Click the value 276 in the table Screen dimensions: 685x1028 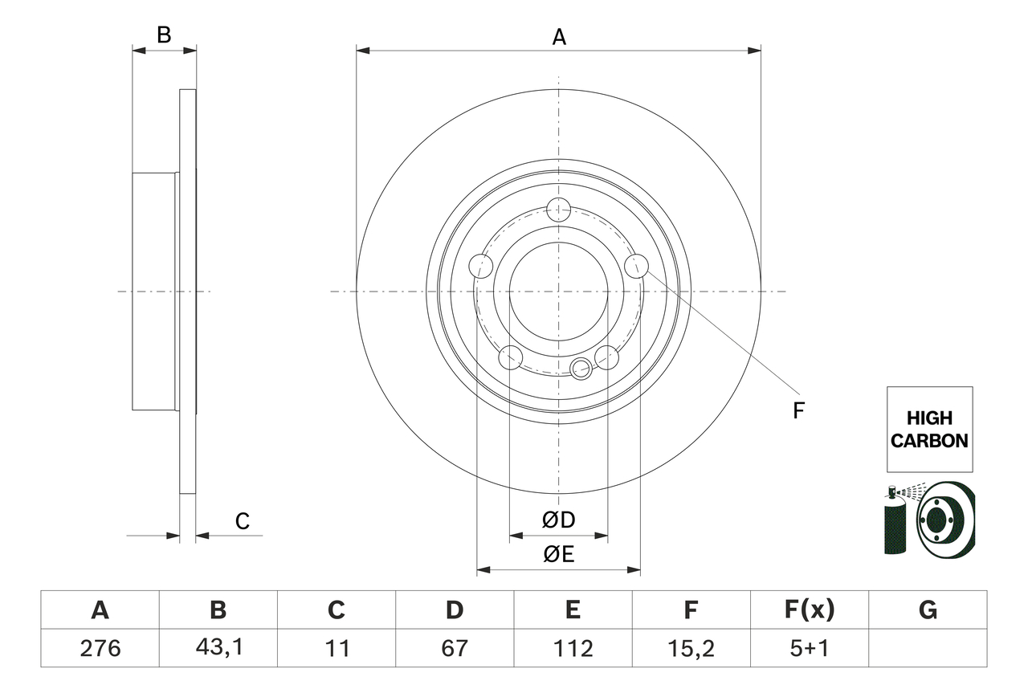(x=100, y=648)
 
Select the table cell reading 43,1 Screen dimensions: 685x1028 (x=218, y=648)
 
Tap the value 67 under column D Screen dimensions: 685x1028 (x=455, y=648)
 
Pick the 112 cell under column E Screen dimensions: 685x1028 (x=572, y=648)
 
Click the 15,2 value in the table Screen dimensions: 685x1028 (x=691, y=648)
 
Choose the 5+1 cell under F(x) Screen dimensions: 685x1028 (x=809, y=648)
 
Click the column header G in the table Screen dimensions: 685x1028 (x=928, y=611)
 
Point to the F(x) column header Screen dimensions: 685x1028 (x=809, y=611)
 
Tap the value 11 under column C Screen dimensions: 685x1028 (x=337, y=648)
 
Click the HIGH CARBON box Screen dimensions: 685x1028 (x=929, y=430)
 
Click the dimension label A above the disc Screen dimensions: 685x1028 (x=559, y=37)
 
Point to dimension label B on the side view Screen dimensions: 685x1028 (x=164, y=35)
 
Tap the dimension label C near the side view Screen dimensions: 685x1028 (x=243, y=522)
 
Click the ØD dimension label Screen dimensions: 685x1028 (x=559, y=520)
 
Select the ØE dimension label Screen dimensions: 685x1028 (x=559, y=555)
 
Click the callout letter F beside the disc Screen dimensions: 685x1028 (x=798, y=410)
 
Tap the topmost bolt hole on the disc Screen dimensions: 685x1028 (x=558, y=210)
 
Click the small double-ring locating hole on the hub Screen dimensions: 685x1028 (x=581, y=369)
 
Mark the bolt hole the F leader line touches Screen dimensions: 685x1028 (x=636, y=266)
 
